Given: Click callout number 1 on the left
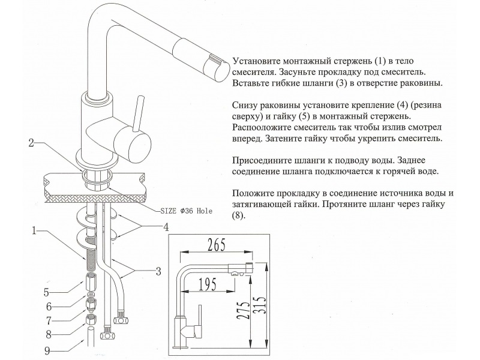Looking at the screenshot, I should [35, 230].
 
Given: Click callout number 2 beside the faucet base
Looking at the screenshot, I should [33, 143].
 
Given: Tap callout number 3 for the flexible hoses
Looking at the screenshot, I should [158, 272].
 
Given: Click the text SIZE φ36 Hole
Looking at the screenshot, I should [187, 211].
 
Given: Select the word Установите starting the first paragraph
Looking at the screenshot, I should [257, 61].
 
